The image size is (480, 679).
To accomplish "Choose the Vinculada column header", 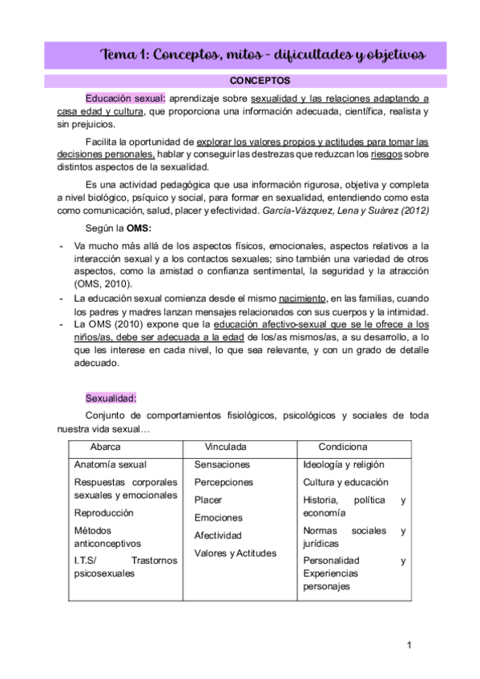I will (226, 446).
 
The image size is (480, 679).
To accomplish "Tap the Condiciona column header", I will (342, 446).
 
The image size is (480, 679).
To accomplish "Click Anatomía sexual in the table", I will (110, 464).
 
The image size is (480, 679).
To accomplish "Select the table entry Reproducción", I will (103, 512).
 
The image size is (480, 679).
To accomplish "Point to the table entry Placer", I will (208, 500).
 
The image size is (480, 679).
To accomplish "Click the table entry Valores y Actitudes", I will (235, 553).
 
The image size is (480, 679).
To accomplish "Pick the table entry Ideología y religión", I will (344, 464).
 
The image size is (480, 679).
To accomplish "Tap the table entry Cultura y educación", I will (345, 482).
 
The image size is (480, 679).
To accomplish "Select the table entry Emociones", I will (218, 518).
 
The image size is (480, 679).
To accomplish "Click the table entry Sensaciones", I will (222, 464).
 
